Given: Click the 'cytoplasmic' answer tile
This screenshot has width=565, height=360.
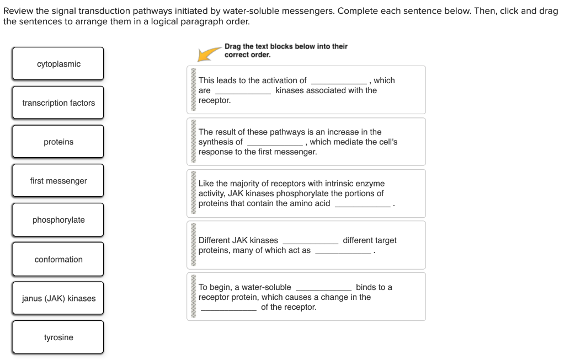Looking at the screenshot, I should tap(58, 64).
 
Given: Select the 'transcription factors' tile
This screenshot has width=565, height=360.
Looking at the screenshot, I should tap(58, 103).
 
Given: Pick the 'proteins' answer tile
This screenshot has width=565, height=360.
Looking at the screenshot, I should tap(58, 142).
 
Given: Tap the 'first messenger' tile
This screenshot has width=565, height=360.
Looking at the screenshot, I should tap(58, 181).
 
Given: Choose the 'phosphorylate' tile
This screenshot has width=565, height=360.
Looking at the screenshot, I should tap(58, 220).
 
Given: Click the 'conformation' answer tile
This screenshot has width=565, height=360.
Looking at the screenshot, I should tap(58, 259).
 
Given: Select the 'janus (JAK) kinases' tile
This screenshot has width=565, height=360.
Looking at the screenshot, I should tap(58, 298).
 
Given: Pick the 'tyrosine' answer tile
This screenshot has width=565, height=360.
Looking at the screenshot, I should tap(58, 337).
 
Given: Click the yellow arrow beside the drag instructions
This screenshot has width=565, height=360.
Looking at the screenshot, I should tap(210, 53).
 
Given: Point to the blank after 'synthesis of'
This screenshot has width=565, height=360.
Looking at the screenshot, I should tap(275, 143).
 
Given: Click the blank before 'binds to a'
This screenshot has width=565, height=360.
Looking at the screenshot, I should tap(323, 288).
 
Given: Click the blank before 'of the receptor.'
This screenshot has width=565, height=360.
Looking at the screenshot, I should tap(228, 309).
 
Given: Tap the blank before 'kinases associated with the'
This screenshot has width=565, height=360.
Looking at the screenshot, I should tap(243, 92).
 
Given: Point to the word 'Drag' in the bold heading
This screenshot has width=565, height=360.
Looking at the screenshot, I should tap(233, 46).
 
